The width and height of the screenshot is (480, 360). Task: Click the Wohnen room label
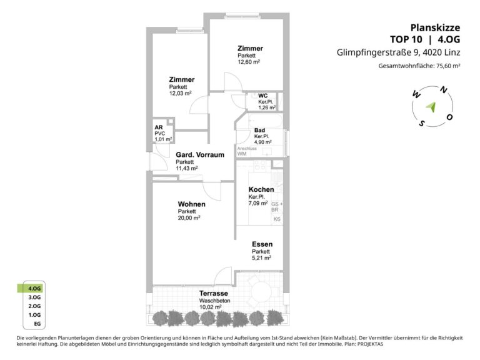point(192,204)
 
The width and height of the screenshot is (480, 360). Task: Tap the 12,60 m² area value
point(249,62)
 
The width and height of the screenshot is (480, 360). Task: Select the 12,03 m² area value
point(180,93)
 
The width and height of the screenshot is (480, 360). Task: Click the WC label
point(262,96)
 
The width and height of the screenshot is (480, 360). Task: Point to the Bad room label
point(259,131)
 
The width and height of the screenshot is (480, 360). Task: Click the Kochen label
point(261,189)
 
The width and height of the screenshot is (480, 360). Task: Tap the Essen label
point(262,244)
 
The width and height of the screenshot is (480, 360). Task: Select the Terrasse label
point(214,293)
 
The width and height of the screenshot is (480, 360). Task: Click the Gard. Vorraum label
point(200,155)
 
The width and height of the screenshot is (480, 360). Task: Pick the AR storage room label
point(159,127)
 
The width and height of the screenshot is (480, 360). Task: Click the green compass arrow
point(431,107)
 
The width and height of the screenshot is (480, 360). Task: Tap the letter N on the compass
point(443,90)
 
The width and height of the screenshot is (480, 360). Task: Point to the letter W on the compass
point(416,95)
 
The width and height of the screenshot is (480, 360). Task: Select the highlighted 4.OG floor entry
point(34,288)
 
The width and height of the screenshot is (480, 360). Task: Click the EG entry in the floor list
point(37,324)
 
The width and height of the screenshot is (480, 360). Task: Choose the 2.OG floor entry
point(34,306)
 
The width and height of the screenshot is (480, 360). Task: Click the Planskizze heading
point(435,27)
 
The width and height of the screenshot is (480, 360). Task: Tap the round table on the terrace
point(261,291)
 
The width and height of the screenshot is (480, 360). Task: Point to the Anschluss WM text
point(247,151)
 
